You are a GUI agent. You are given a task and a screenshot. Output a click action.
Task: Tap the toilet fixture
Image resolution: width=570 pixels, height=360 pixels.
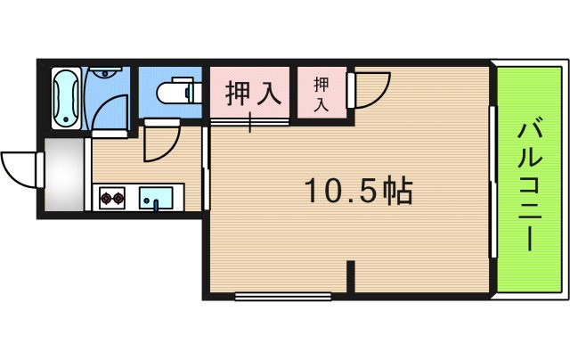pos(174,92)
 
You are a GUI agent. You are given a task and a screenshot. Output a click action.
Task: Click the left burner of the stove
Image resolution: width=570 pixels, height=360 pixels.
pos(107,197)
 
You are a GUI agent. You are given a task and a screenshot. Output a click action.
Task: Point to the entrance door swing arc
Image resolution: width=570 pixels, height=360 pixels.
pos(20,168)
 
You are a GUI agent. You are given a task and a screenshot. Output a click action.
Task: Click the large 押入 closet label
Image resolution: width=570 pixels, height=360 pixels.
pos(248,93)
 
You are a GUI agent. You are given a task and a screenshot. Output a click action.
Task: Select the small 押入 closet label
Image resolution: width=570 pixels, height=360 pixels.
pos(321,93)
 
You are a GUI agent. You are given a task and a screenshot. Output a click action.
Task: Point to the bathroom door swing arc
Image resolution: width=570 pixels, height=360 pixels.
pos(108,111)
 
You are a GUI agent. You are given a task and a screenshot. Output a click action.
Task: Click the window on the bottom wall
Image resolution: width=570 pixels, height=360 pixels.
pos(282,294)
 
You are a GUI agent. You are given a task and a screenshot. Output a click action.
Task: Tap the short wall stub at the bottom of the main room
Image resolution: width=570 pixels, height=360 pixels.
pos(353,275)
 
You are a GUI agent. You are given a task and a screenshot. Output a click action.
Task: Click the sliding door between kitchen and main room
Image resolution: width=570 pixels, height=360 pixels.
pos(206,169)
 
